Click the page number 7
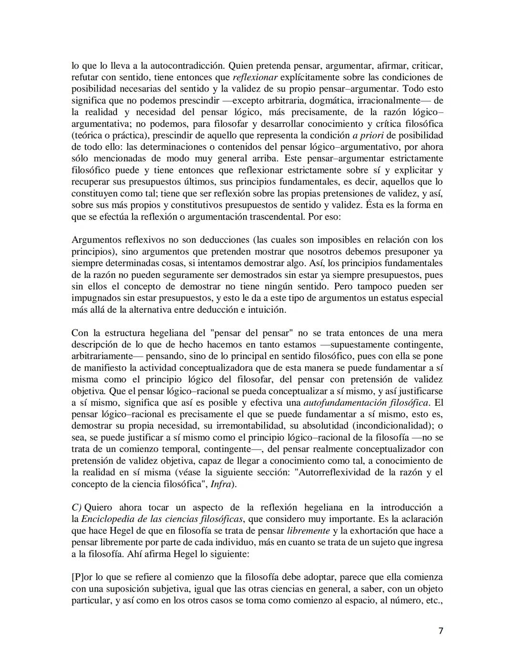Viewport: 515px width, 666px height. pos(441,631)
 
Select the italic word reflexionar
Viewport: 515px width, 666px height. pos(255,77)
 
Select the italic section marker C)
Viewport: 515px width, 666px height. pos(76,507)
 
